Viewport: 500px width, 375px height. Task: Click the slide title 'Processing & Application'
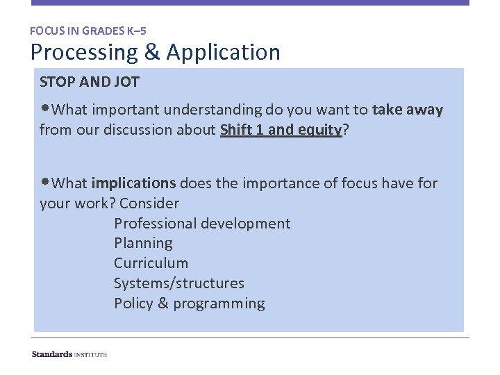155,53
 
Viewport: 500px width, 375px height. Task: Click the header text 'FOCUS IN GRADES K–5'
88,31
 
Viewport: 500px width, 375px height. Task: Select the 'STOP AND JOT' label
90,82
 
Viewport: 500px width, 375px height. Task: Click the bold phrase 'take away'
407,110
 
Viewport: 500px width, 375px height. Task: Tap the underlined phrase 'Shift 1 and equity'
281,130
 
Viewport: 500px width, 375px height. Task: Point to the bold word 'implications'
133,183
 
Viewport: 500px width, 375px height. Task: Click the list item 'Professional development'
202,224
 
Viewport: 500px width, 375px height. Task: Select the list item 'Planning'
143,243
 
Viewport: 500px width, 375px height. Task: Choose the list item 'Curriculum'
151,263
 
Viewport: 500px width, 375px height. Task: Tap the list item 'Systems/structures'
179,283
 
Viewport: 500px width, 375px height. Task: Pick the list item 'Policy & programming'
189,303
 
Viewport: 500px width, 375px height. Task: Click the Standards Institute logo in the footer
69,354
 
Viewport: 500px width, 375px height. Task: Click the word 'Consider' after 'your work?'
149,203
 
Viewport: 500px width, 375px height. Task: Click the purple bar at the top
250,3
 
